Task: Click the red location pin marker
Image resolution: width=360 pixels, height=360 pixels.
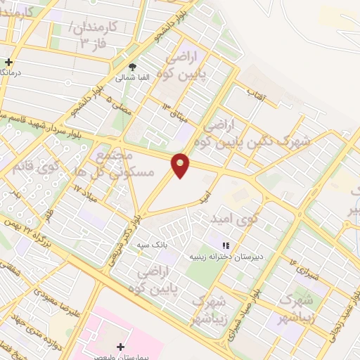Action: pos(181,165)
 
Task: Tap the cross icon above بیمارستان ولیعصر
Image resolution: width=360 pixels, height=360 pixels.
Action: pos(121,347)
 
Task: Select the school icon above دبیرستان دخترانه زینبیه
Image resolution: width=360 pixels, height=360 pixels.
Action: pos(226,246)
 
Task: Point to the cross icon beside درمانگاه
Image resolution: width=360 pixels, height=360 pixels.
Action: pos(8,63)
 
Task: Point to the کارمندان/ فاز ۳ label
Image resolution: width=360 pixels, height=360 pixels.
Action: pos(86,36)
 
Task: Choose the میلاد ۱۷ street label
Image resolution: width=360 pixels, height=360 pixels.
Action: pos(84,190)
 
